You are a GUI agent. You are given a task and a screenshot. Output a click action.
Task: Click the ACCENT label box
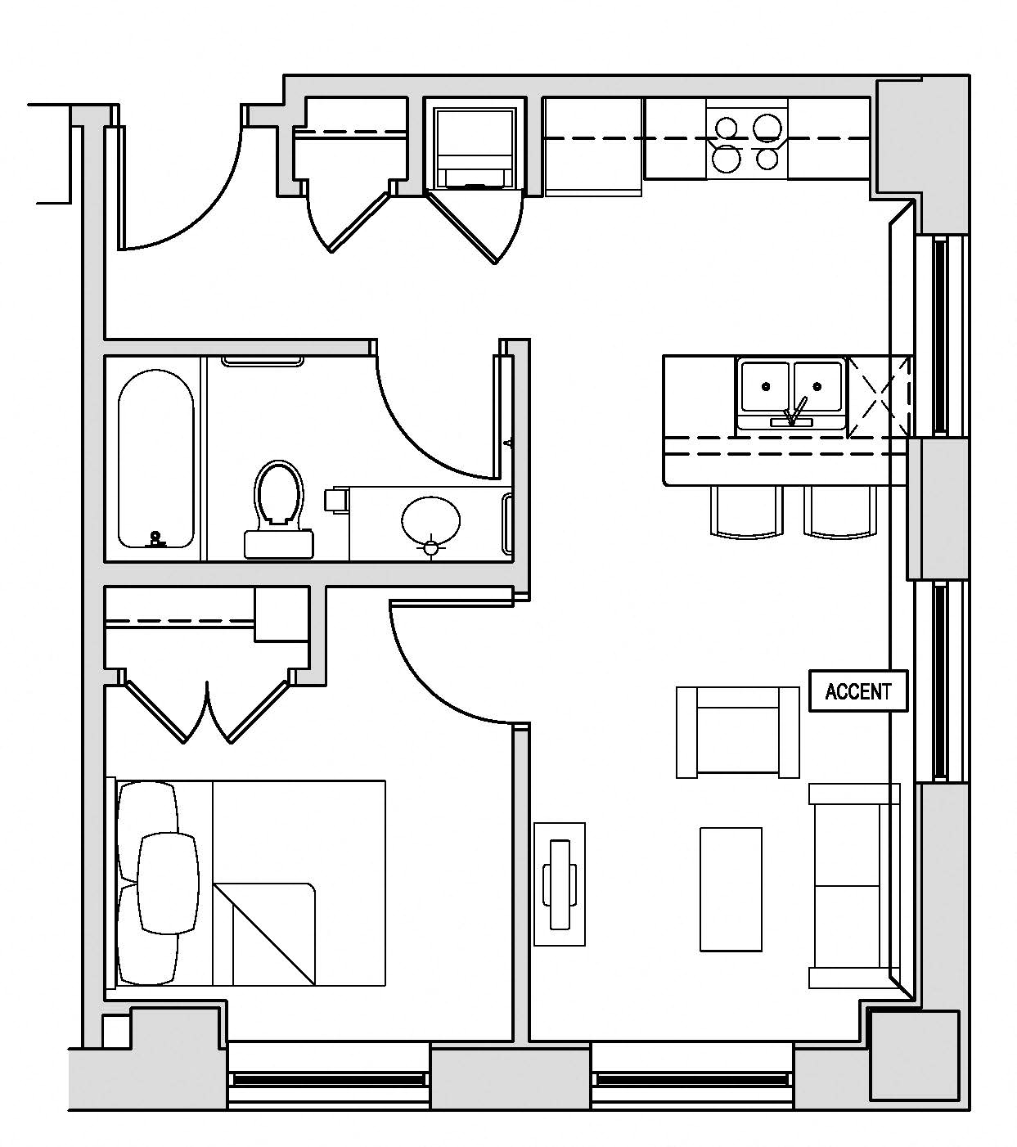click(x=858, y=691)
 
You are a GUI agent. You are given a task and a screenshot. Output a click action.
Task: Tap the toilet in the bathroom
click(x=278, y=495)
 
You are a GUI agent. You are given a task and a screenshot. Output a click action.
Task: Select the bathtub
click(x=155, y=459)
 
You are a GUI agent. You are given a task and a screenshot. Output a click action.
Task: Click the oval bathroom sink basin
click(x=430, y=519)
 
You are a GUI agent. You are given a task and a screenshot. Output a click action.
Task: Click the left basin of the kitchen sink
click(x=766, y=386)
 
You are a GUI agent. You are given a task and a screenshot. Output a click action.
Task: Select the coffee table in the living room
click(x=731, y=889)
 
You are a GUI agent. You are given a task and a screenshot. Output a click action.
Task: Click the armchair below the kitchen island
click(x=738, y=731)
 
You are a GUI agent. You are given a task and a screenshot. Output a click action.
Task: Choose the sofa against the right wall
click(x=854, y=886)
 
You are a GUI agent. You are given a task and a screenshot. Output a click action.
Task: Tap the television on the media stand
click(x=560, y=884)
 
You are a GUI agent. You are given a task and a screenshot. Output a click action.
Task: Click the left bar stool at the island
click(x=746, y=512)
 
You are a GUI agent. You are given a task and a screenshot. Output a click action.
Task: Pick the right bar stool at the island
click(x=840, y=512)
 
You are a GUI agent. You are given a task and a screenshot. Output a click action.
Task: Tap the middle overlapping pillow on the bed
click(x=168, y=883)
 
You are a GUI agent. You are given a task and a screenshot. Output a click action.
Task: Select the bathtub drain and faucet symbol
click(x=156, y=539)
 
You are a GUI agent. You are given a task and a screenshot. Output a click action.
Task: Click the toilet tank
click(x=278, y=543)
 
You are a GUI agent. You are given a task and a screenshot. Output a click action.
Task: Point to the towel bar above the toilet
click(x=263, y=361)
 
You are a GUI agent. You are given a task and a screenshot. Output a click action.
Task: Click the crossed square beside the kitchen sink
click(x=880, y=396)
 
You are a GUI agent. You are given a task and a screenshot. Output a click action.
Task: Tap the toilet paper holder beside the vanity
click(x=336, y=499)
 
